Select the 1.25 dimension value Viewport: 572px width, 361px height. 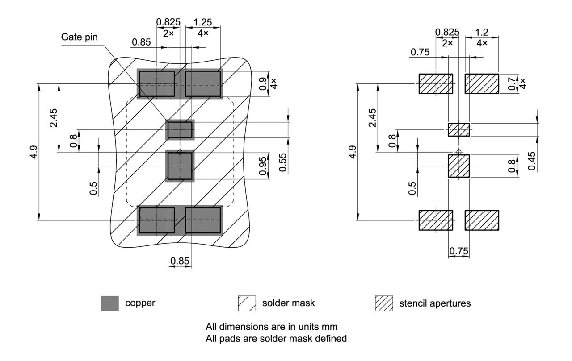(202, 22)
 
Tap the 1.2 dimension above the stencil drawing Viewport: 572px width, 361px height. (482, 32)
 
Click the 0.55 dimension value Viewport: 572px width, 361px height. (283, 162)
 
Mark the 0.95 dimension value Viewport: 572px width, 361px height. (264, 165)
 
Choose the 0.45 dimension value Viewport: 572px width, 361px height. (531, 161)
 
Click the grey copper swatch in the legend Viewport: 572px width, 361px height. (110, 303)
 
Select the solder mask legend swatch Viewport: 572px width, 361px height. (247, 303)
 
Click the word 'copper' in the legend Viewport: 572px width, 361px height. (140, 303)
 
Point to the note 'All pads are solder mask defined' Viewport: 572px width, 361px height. (276, 338)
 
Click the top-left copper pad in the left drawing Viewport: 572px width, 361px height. (156, 83)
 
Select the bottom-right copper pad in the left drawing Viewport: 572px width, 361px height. (203, 220)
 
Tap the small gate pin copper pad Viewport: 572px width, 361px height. (180, 130)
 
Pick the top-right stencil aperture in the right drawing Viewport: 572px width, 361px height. (482, 84)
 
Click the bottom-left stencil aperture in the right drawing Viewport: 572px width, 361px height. (436, 220)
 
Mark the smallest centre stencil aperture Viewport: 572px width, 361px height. (458, 130)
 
